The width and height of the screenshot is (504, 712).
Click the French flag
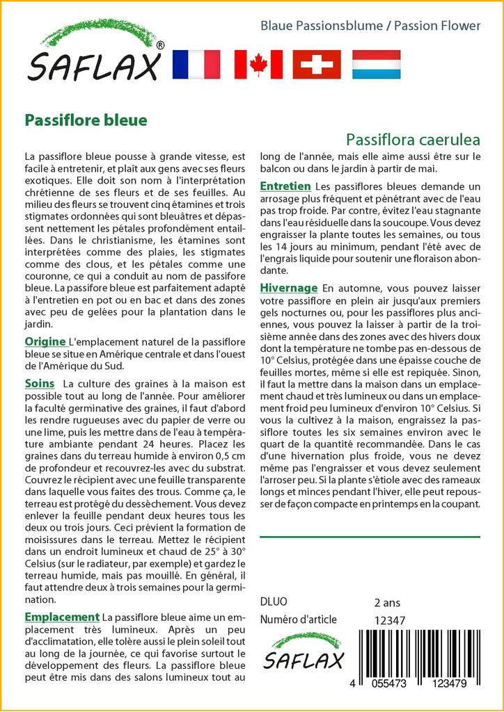tap(196, 65)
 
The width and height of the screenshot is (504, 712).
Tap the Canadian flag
tap(258, 65)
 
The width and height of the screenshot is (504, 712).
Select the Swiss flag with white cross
tap(317, 65)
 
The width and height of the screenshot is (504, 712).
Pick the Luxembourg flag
tap(376, 65)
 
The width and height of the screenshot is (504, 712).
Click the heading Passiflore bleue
tap(86, 120)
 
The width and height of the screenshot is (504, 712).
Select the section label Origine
tap(45, 341)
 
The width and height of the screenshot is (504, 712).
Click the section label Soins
tap(39, 383)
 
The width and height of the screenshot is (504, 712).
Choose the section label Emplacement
tap(62, 617)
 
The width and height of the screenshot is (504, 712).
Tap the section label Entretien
tap(285, 186)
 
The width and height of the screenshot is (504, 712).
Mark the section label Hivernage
tap(289, 288)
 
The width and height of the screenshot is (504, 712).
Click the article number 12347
tap(389, 620)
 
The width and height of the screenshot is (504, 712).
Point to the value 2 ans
tap(387, 602)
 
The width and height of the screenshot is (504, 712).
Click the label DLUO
tap(273, 602)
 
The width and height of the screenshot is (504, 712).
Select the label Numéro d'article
tap(298, 620)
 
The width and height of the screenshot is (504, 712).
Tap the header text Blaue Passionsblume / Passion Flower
tap(370, 26)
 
